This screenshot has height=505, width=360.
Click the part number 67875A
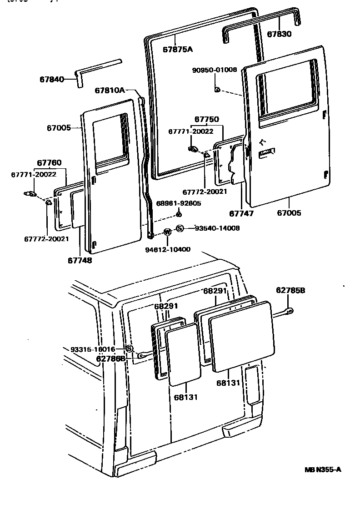[x=178, y=49]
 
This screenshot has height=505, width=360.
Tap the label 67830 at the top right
[x=279, y=34]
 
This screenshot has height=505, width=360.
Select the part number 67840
[x=51, y=79]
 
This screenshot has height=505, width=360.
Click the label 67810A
[x=110, y=91]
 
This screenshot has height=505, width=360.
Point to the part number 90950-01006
[x=215, y=70]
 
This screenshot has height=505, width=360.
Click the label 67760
[x=49, y=163]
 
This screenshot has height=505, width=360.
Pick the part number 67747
[x=241, y=212]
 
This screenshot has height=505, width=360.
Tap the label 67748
[x=80, y=260]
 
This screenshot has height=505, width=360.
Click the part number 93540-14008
[x=217, y=228]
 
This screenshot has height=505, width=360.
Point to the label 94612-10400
[x=167, y=249]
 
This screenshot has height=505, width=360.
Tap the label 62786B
[x=110, y=358]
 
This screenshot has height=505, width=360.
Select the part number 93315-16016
[x=93, y=349]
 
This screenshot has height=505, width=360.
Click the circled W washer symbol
[x=167, y=232]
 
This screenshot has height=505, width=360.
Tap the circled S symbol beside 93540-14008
[x=180, y=228]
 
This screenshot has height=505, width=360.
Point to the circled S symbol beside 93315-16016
[x=129, y=348]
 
